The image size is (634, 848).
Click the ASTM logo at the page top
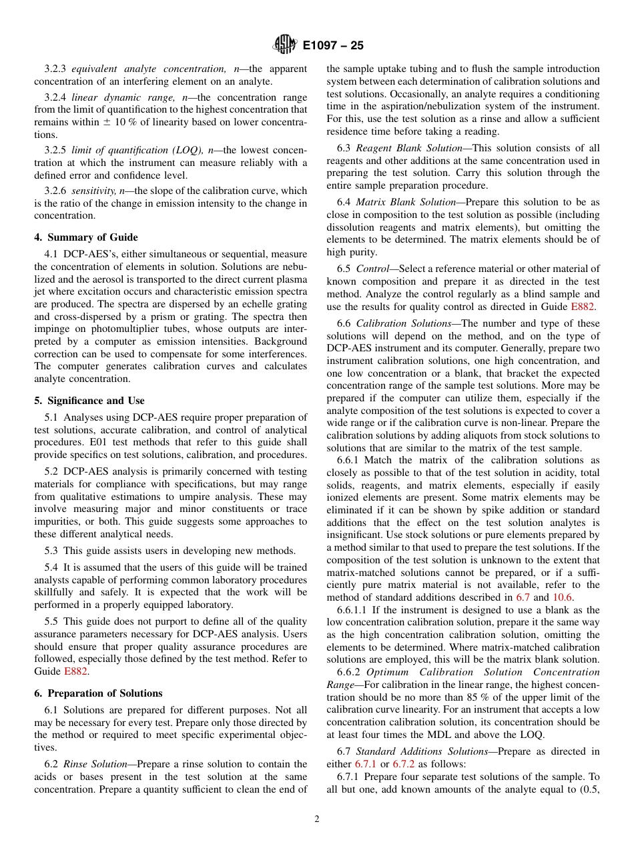(x=285, y=45)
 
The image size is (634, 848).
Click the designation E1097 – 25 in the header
(x=332, y=46)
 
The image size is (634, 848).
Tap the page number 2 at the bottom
(x=317, y=819)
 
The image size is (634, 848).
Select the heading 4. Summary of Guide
(x=86, y=237)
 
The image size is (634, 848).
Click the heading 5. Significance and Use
(x=89, y=401)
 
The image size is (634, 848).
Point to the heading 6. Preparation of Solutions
(x=98, y=693)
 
